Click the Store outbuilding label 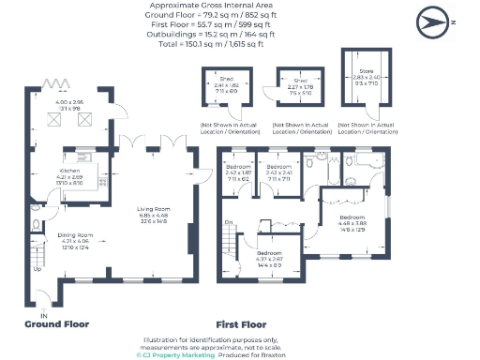click(367, 70)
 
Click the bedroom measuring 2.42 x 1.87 click(239, 172)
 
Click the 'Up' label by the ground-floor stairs click(37, 269)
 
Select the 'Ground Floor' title click(58, 325)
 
